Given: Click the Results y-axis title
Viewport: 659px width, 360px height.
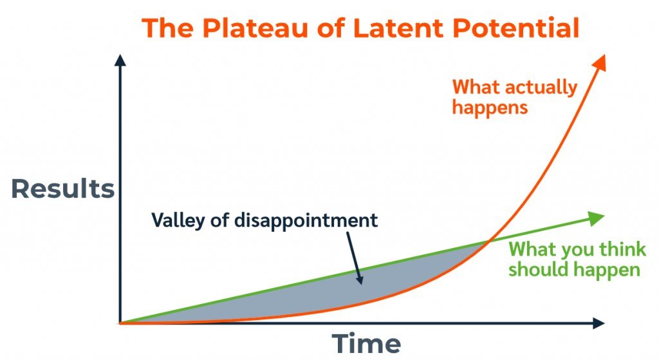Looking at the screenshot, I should coord(62,189).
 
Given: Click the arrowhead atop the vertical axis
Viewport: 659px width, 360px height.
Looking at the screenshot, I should coord(120,61).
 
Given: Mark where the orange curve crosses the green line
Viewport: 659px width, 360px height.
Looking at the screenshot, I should coord(488,242).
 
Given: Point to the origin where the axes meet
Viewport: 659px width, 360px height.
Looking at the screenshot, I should coord(120,323).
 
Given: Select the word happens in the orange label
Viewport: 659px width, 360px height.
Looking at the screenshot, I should coord(490,106).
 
